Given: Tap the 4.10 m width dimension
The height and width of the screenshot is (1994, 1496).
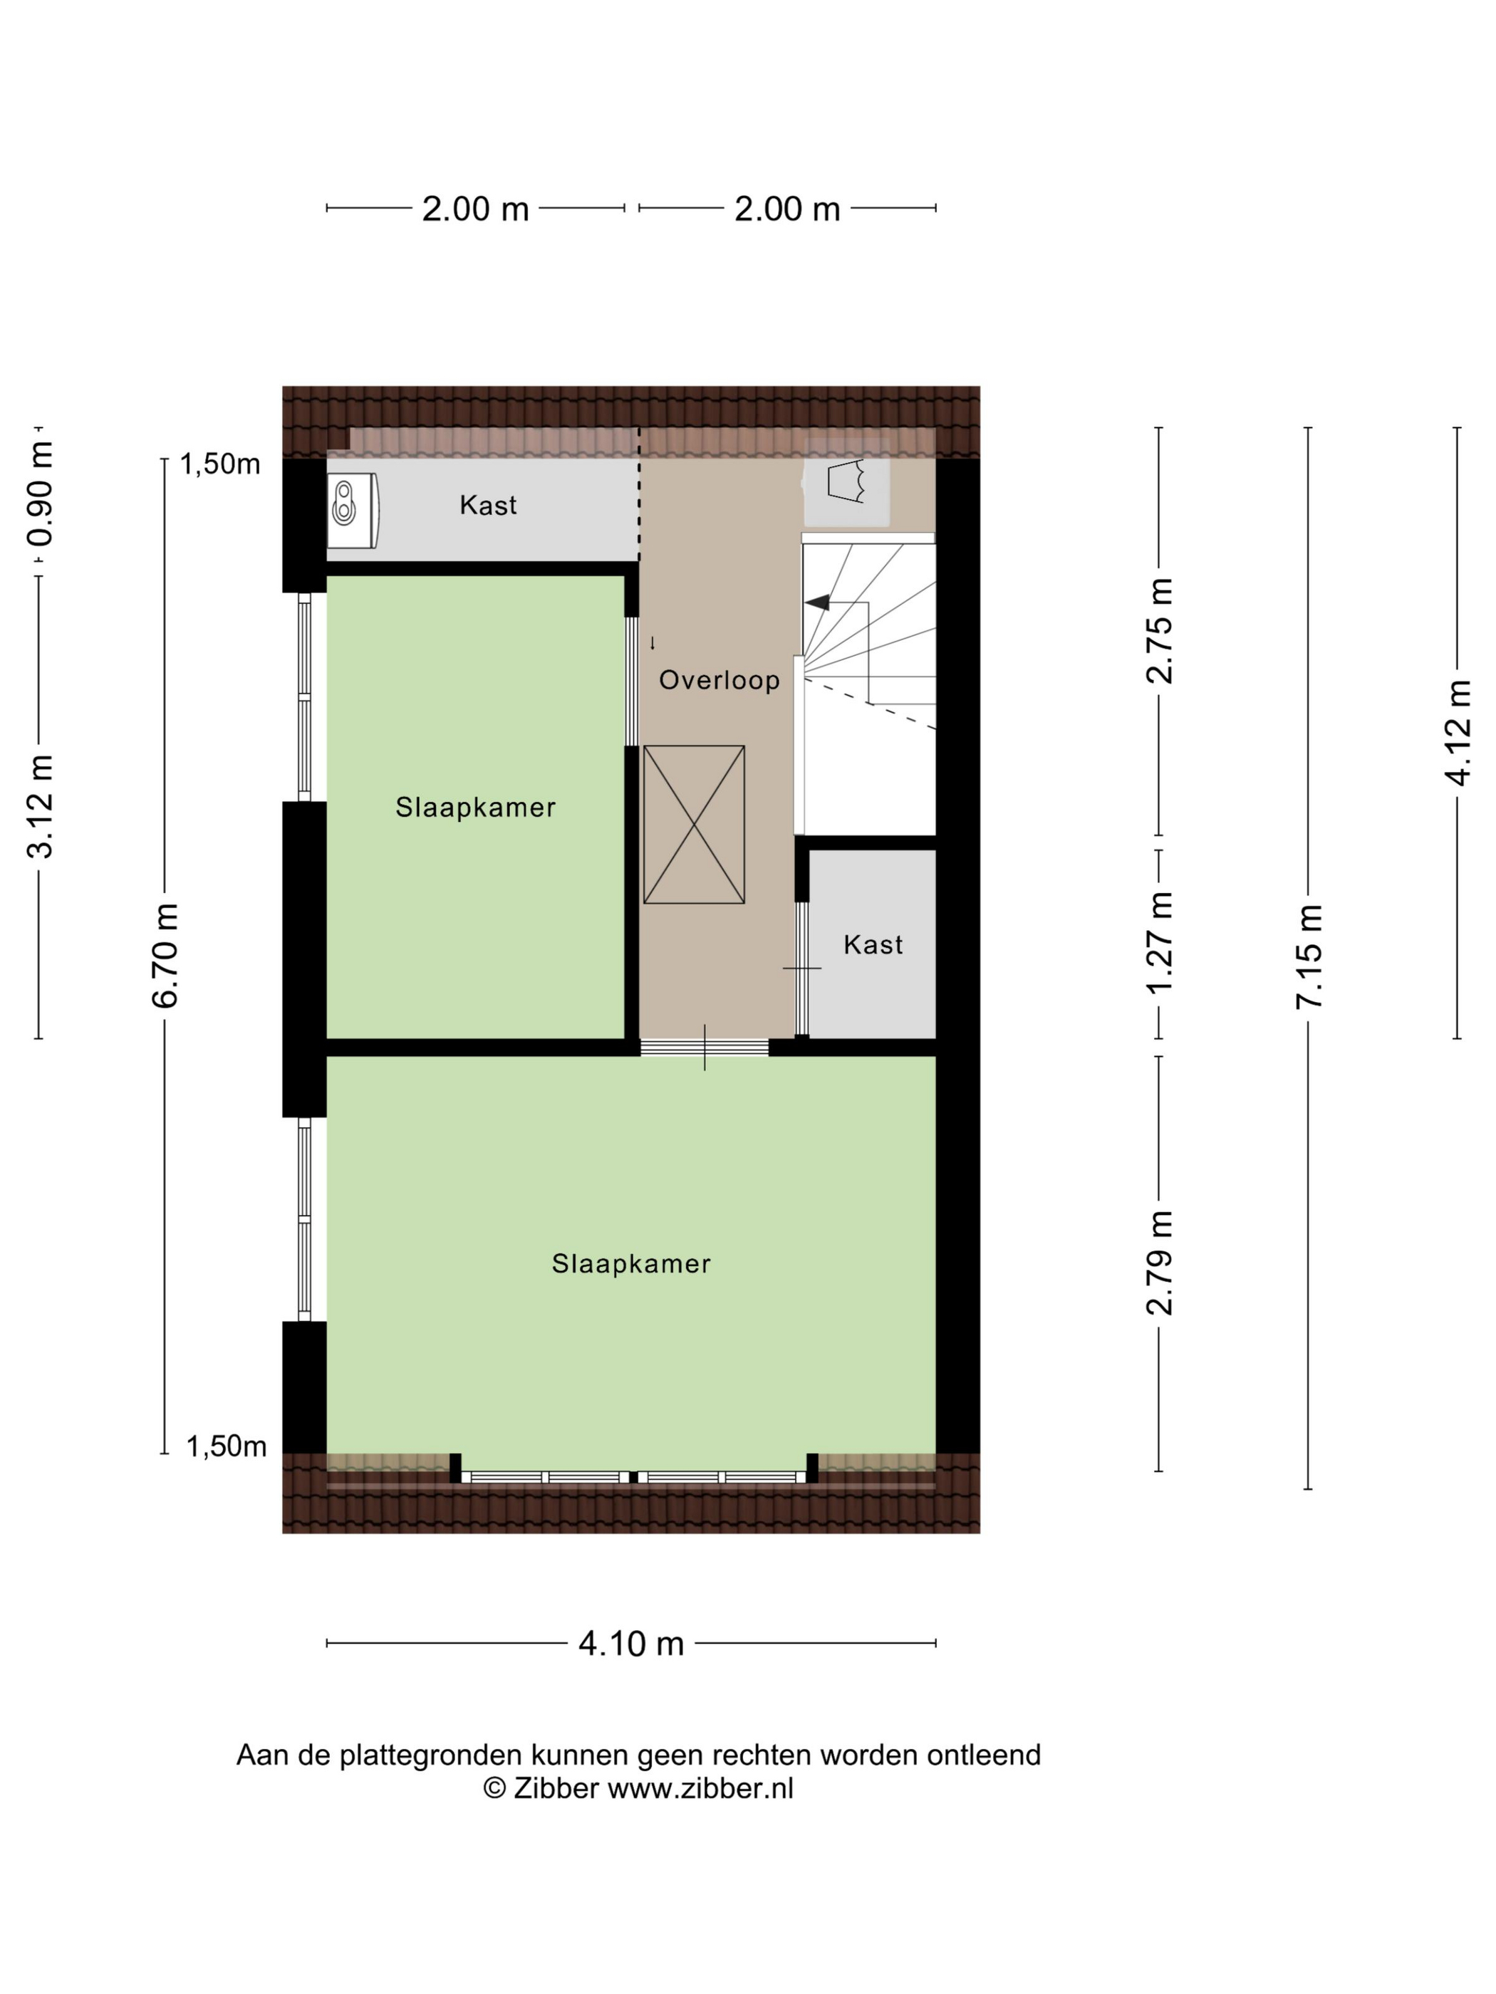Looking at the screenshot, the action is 630,1644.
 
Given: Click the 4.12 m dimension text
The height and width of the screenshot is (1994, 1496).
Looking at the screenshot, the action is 1458,732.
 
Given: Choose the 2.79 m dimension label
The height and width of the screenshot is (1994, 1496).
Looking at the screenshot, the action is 1159,1262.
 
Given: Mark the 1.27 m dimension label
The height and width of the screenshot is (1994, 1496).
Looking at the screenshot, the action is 1159,943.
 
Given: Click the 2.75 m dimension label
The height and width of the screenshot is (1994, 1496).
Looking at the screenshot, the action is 1159,631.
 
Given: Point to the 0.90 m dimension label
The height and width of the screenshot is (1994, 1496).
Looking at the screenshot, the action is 40,494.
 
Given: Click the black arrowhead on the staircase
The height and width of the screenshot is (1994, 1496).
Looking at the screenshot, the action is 817,602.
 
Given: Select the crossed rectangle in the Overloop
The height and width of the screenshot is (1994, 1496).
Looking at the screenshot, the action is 693,824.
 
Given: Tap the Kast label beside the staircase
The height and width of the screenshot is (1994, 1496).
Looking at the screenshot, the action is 872,945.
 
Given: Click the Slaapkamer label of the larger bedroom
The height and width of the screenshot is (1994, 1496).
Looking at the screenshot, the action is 630,1264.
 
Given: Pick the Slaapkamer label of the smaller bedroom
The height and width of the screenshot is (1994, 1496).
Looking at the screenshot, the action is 475,807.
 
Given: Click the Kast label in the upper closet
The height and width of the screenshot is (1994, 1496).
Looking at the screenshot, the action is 488,505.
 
